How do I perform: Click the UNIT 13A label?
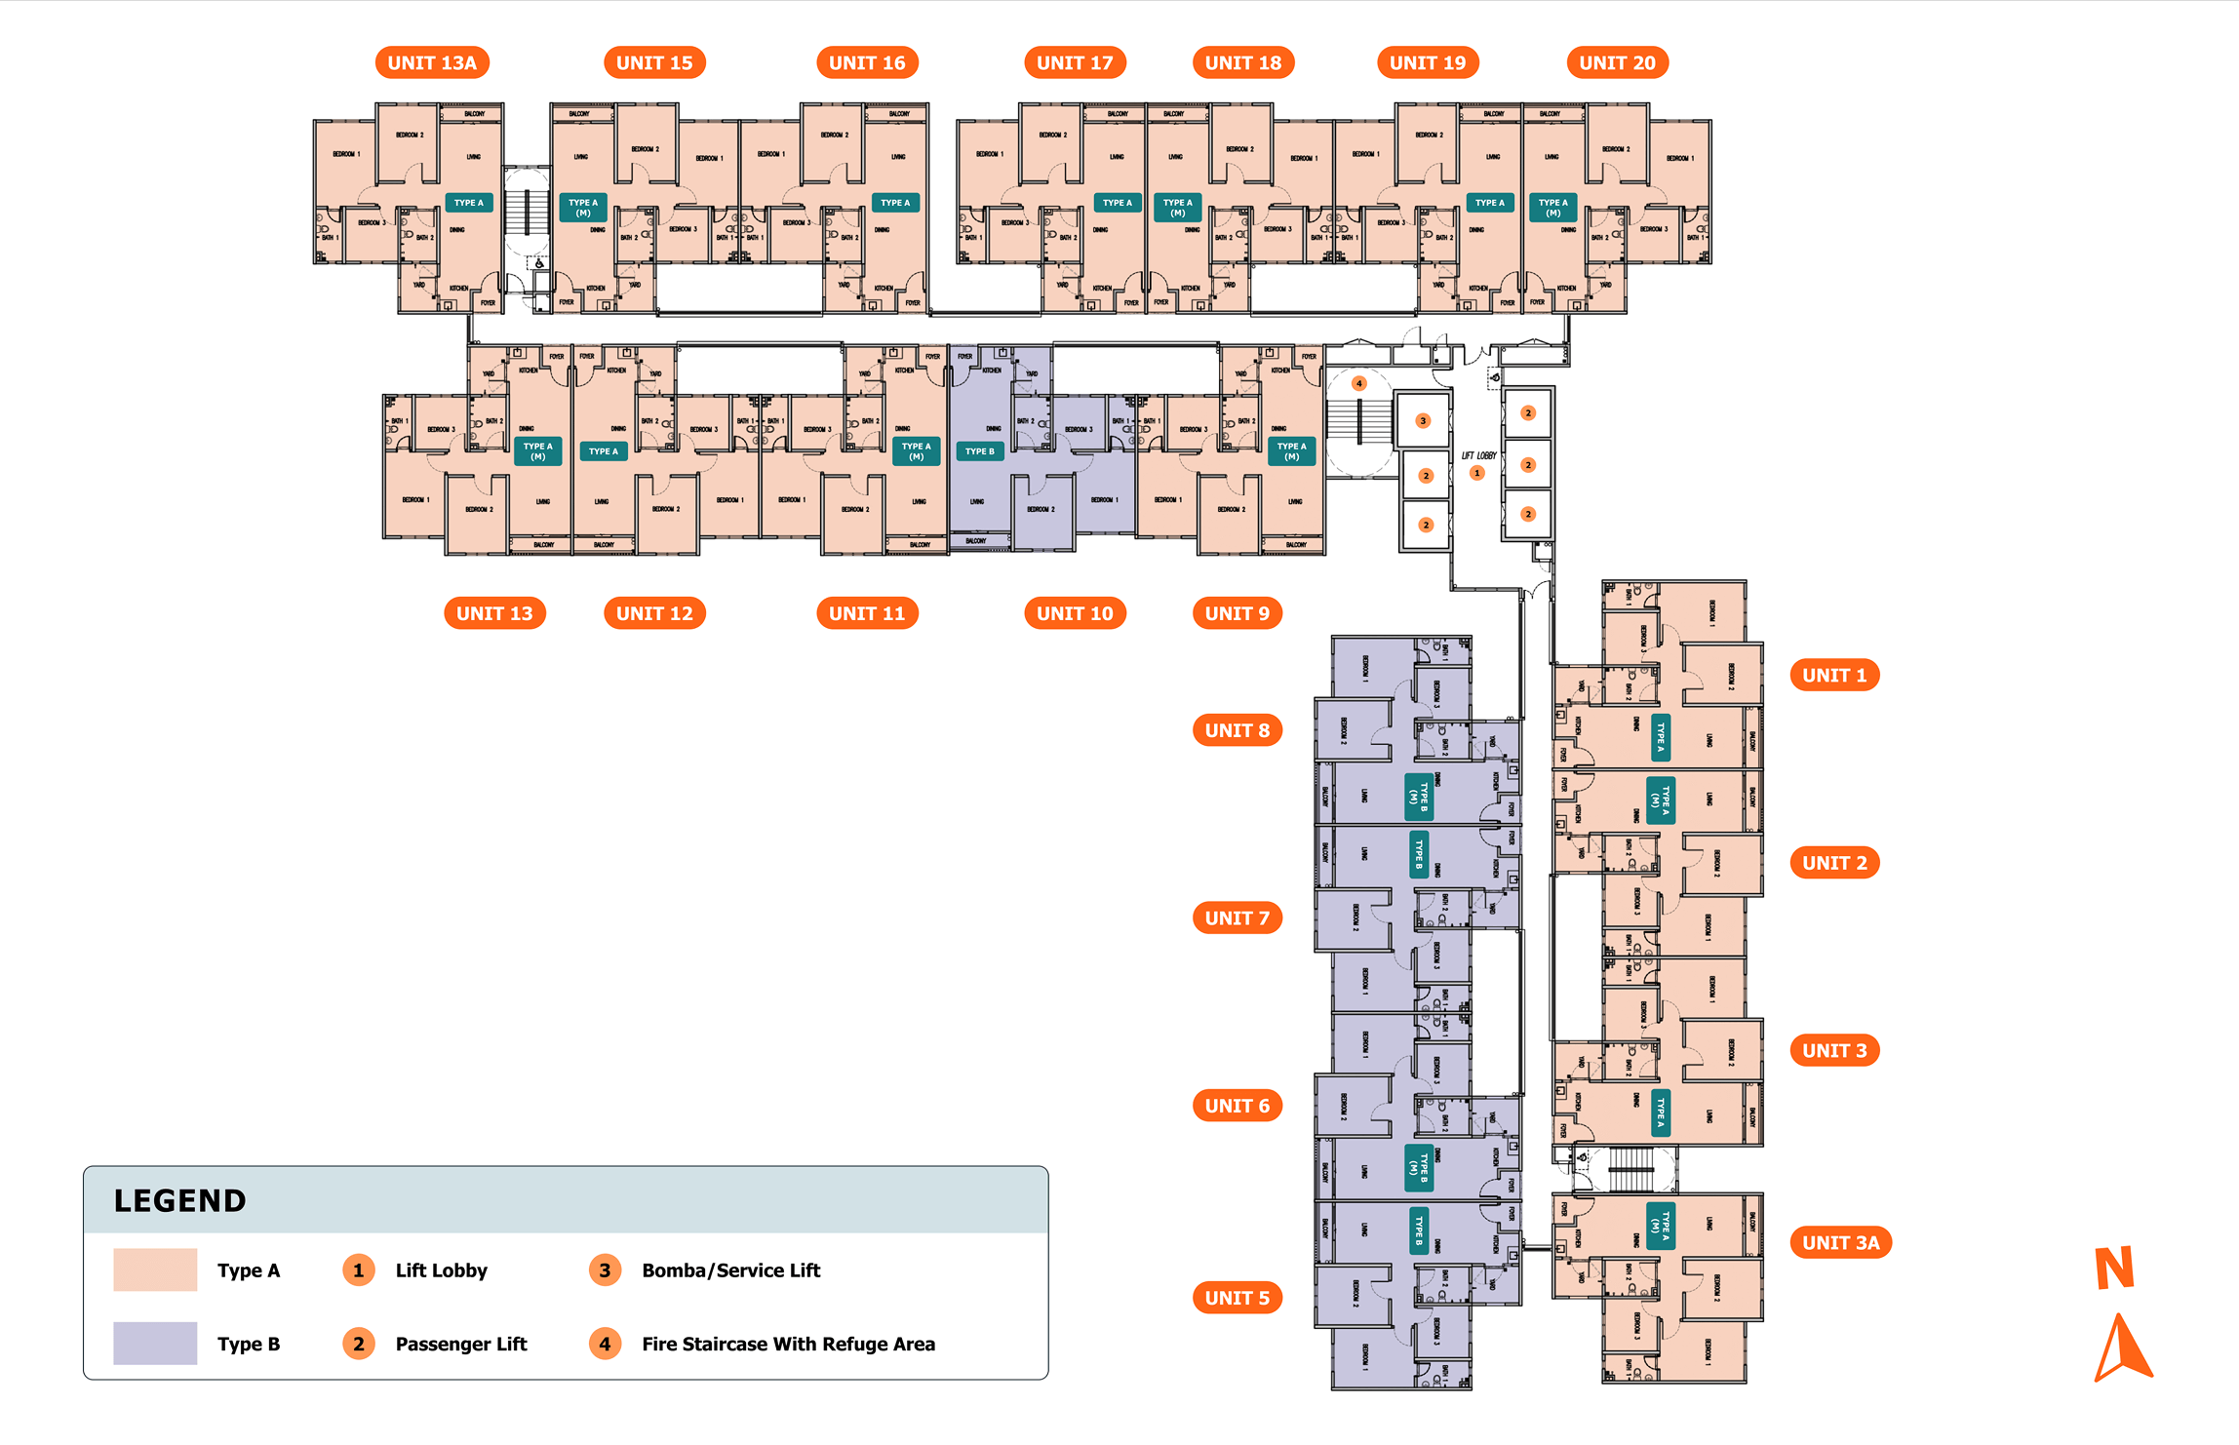[x=432, y=63]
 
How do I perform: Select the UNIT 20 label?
[x=1617, y=63]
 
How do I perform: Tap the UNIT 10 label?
[x=1075, y=613]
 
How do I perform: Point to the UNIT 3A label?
[x=1840, y=1243]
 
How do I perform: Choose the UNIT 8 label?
[x=1237, y=730]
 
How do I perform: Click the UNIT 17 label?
[x=1075, y=63]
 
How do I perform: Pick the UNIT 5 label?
[x=1237, y=1298]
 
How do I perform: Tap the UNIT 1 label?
[x=1833, y=675]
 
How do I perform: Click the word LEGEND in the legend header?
[x=180, y=1200]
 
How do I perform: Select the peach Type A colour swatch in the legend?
[x=155, y=1269]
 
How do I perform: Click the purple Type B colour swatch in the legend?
[x=155, y=1344]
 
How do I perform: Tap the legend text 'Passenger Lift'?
[x=461, y=1344]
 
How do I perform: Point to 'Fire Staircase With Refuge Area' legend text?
[x=788, y=1344]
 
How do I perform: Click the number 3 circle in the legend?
[x=605, y=1269]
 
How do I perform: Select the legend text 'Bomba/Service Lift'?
[x=731, y=1269]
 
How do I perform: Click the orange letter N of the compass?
[x=2114, y=1268]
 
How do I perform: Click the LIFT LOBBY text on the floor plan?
[x=1478, y=455]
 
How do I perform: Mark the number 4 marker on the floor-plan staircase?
[x=1358, y=383]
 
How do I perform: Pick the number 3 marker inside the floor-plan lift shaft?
[x=1423, y=421]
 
